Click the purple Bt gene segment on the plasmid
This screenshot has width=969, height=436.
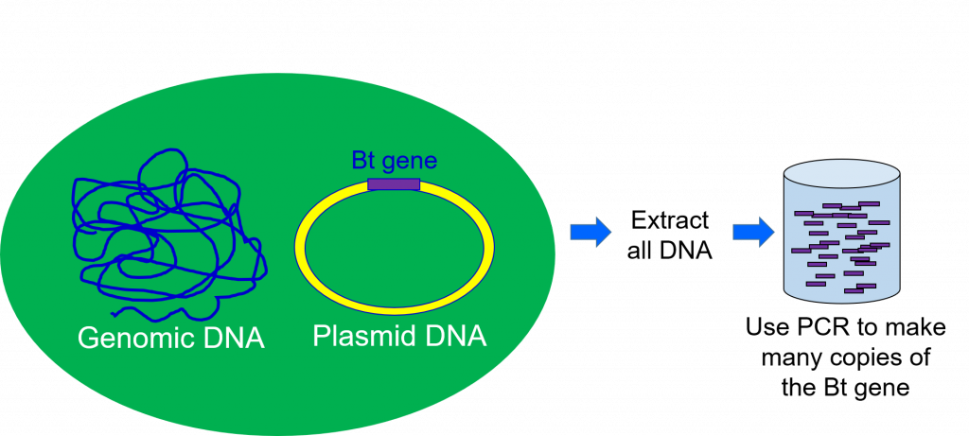click(394, 184)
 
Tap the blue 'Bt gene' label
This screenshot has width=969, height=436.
click(395, 161)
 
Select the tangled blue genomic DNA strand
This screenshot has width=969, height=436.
click(169, 234)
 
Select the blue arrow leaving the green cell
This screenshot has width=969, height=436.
click(590, 233)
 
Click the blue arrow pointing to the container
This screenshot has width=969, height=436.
click(753, 233)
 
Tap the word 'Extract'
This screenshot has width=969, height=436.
click(670, 219)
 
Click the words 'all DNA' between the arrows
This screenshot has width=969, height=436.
click(670, 251)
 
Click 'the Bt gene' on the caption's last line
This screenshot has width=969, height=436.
click(845, 389)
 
